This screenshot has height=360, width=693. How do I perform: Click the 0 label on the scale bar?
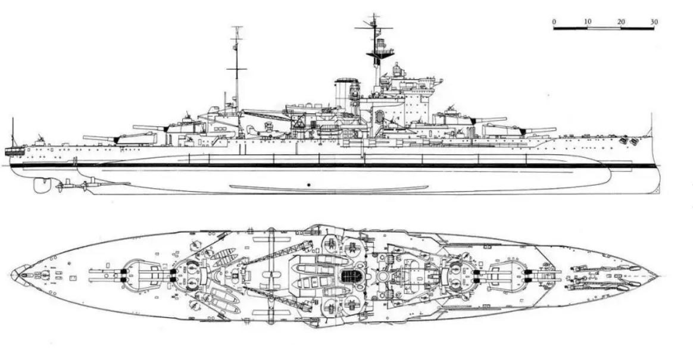click(x=554, y=22)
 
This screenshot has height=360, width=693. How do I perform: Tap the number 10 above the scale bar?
click(x=588, y=22)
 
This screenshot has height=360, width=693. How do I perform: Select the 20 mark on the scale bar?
click(x=621, y=22)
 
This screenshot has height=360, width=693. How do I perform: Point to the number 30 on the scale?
click(x=654, y=22)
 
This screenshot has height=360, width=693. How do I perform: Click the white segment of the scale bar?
click(x=604, y=29)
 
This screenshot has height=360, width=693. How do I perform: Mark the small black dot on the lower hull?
click(x=310, y=184)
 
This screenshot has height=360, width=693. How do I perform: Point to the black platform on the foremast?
click(x=380, y=54)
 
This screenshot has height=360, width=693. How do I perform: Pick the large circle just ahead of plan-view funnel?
click(x=383, y=277)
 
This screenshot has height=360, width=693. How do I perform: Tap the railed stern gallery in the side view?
click(x=14, y=152)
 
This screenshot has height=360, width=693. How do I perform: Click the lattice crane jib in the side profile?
click(x=267, y=115)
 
